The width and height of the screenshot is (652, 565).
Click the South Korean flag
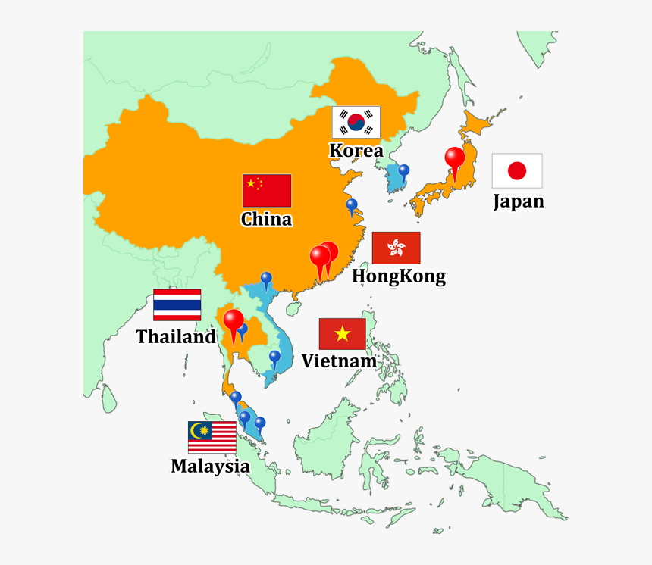[x=356, y=122]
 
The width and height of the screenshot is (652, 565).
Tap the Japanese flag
[x=516, y=170]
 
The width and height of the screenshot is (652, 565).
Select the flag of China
[x=267, y=190]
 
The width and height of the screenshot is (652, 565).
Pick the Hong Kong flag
[x=396, y=248]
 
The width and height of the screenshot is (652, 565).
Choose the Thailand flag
[x=177, y=304]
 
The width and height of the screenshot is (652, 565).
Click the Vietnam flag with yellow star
[x=342, y=333]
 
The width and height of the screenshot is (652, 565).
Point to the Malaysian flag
[x=212, y=437]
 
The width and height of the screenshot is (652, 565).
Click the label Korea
[x=356, y=151]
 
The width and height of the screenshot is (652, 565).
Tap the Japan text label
[x=519, y=201]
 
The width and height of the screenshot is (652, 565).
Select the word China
[x=266, y=220]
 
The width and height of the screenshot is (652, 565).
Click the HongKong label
[x=399, y=276]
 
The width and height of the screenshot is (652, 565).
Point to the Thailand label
[x=176, y=337]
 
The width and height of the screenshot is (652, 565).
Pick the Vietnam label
[x=339, y=361]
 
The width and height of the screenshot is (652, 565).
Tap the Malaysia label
[x=210, y=467]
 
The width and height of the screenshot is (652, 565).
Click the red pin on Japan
[x=454, y=158]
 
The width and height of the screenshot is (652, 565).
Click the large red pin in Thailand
[x=234, y=321]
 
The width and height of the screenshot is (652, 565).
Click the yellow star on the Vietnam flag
[x=342, y=333]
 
